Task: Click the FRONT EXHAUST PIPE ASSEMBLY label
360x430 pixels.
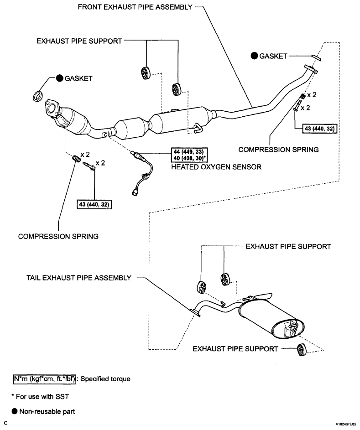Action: click(x=135, y=7)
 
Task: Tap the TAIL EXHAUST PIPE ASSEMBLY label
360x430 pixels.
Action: click(x=79, y=278)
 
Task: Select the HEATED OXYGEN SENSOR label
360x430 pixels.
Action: click(x=216, y=167)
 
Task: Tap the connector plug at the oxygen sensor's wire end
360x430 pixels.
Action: click(x=135, y=192)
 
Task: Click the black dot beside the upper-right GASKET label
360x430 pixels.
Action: click(x=254, y=56)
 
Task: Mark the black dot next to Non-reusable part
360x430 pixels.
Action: click(x=15, y=411)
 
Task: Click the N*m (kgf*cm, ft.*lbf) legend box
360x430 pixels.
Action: click(x=44, y=379)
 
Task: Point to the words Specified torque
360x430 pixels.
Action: click(x=105, y=379)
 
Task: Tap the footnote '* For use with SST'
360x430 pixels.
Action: click(x=40, y=397)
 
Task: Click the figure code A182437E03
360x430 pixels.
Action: click(x=347, y=424)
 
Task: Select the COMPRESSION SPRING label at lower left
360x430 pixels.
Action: click(x=58, y=236)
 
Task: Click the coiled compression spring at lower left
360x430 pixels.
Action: click(x=76, y=159)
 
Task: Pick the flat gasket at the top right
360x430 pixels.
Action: click(x=316, y=57)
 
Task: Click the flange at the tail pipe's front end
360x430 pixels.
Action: click(x=195, y=313)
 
